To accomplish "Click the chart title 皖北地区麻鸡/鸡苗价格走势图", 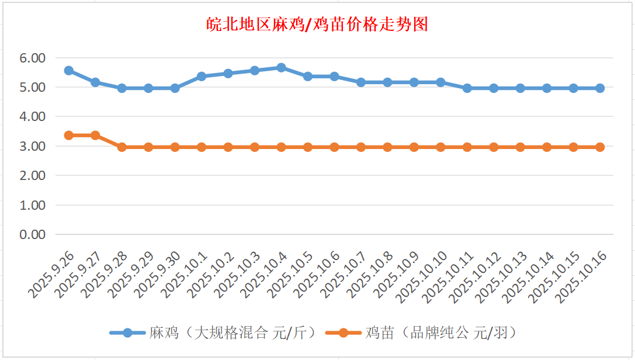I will coord(317,25).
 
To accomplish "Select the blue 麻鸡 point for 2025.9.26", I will coord(68,71).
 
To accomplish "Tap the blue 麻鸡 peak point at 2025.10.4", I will coord(281,68).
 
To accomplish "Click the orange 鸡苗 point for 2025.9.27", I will coord(95,135).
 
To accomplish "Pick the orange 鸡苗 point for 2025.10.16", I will coord(600,147).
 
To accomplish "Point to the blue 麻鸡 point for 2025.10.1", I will coord(202,77).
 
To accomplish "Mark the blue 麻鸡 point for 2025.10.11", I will coord(467,88).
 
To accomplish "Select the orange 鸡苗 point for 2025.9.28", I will coord(122,147).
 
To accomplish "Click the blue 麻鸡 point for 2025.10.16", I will coord(600,88).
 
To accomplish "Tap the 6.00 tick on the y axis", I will coord(32,58).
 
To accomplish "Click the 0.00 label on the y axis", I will coord(32,234).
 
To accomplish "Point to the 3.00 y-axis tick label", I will coord(32,146).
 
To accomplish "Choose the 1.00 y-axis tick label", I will coord(32,205).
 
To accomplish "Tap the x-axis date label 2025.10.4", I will coord(265,275).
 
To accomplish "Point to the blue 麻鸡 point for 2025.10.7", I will coord(361,82).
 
